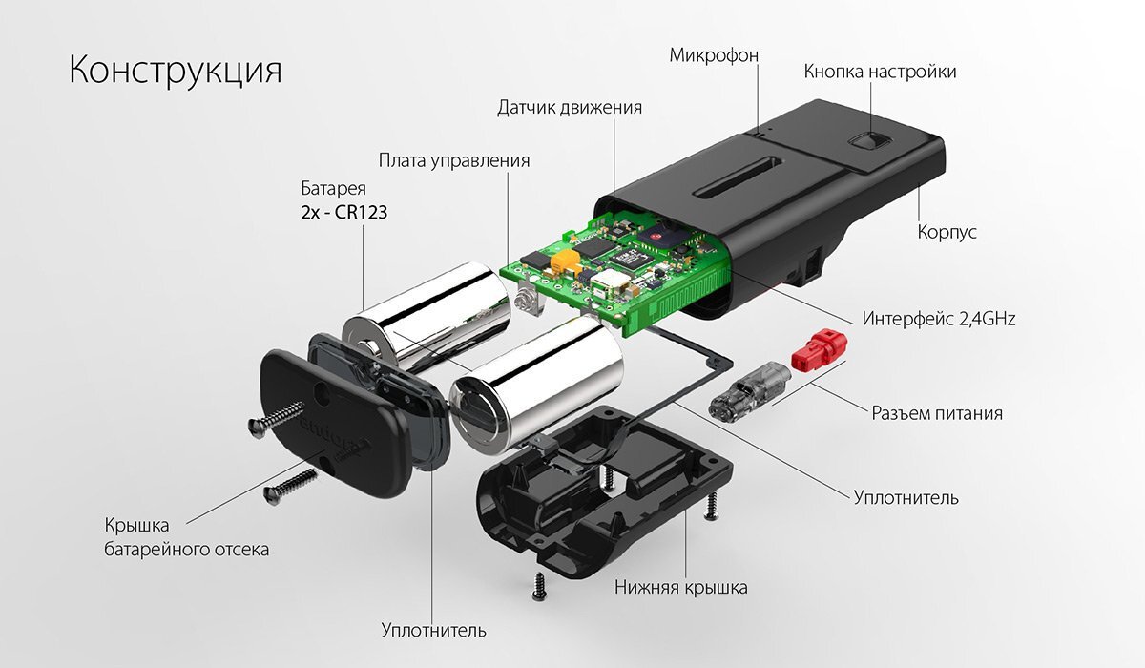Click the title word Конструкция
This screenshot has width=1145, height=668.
coord(176,72)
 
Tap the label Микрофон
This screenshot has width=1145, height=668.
coord(713,55)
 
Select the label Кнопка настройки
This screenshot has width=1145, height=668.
coord(879,72)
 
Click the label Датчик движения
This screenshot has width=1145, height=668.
coord(570,107)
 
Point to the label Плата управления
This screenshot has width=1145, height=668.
coord(453,159)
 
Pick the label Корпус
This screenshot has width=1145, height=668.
coord(947,232)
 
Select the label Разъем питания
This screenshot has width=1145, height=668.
coord(937,413)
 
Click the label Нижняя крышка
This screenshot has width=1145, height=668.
coord(680,587)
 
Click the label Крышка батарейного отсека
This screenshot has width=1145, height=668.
coord(186,537)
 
